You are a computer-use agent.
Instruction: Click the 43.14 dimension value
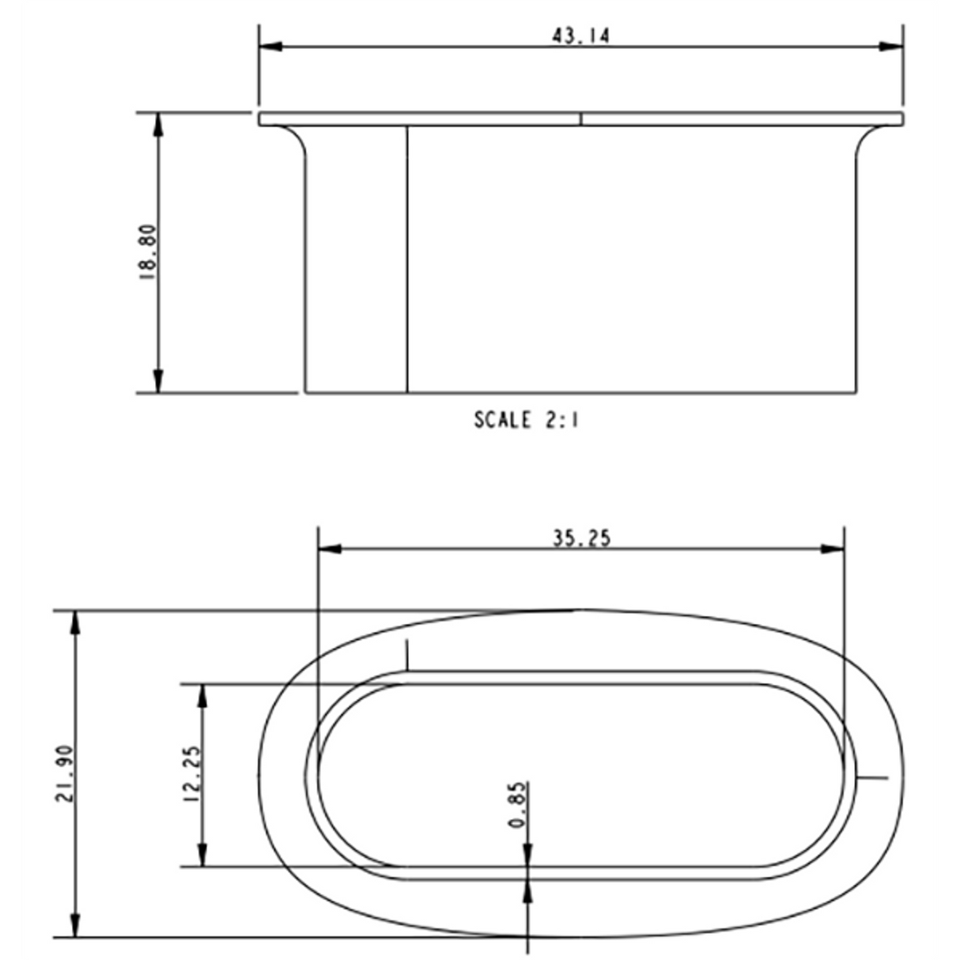point(580,36)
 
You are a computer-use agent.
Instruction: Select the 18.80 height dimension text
point(149,252)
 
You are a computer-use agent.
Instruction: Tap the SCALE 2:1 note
point(527,419)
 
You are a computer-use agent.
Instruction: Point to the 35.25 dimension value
point(581,538)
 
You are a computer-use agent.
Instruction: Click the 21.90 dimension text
point(65,774)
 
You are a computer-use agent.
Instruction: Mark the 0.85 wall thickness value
point(518,805)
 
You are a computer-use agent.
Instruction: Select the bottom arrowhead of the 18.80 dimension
point(158,380)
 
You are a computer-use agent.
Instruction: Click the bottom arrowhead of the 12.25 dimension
point(203,855)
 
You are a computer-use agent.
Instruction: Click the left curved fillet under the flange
point(296,142)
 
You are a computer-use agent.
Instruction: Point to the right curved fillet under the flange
point(867,142)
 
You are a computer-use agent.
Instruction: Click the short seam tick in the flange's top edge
point(581,119)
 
